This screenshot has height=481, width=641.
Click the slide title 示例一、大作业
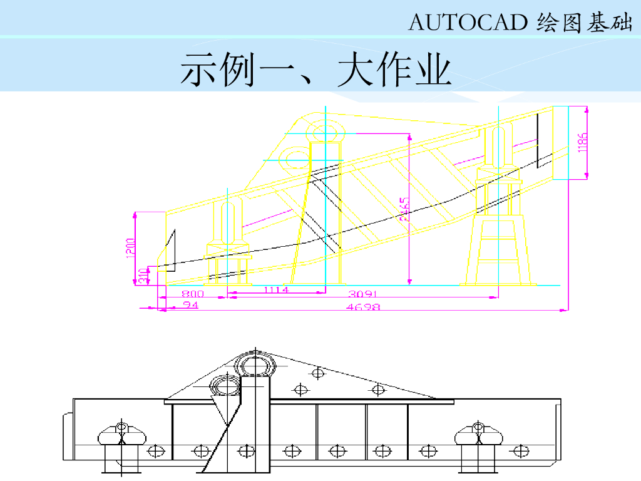click(x=315, y=70)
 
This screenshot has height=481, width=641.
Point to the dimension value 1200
click(x=130, y=248)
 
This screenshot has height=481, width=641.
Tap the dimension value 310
click(x=143, y=275)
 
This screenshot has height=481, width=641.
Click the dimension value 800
click(x=193, y=293)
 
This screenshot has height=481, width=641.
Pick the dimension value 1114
click(x=275, y=290)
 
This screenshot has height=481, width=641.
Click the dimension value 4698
click(x=364, y=307)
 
